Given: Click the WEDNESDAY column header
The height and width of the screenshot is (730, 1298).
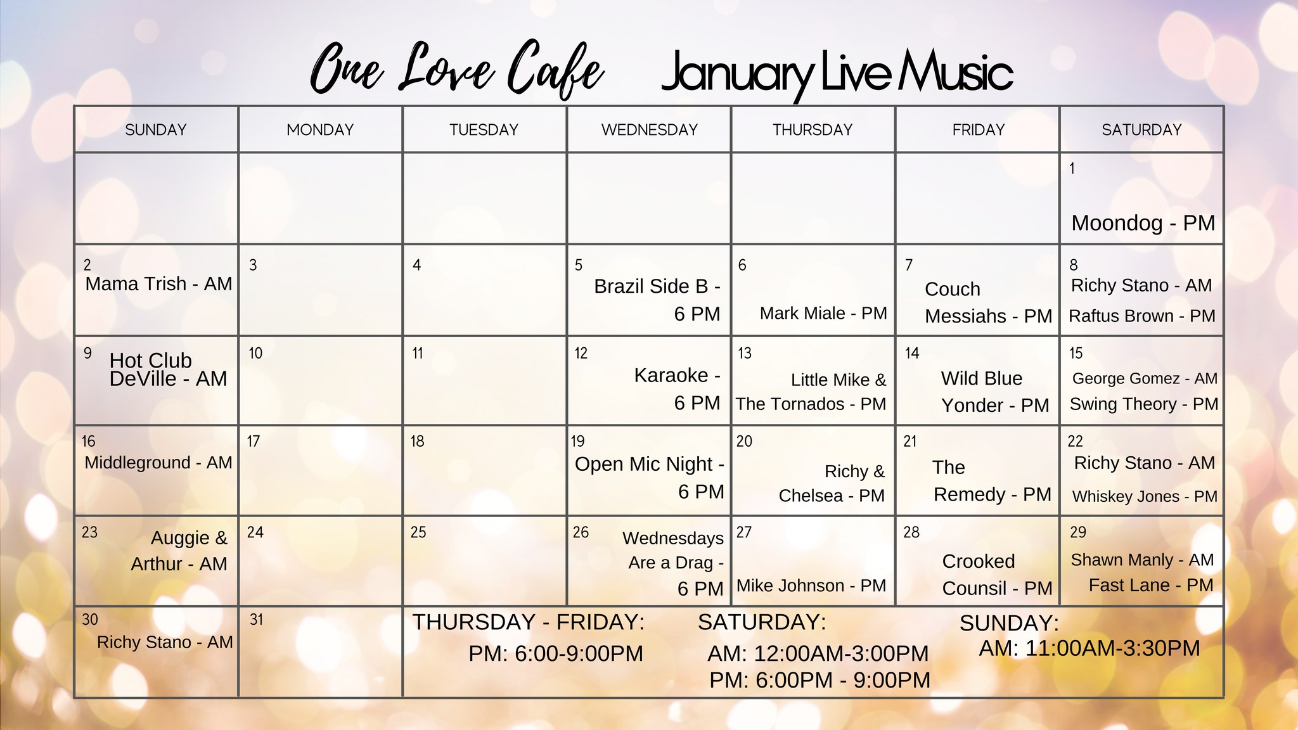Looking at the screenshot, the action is (x=649, y=130).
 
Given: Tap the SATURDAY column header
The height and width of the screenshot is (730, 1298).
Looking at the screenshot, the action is (x=1141, y=130).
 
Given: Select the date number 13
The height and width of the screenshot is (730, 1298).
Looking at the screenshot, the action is (x=745, y=353).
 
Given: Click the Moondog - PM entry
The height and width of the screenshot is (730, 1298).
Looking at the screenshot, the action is (x=1143, y=223).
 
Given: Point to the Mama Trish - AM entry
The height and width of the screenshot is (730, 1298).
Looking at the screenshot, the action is (x=158, y=284).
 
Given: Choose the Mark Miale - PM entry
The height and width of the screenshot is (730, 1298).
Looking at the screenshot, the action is (x=823, y=313).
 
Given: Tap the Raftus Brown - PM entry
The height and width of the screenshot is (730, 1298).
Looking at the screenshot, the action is (x=1142, y=316).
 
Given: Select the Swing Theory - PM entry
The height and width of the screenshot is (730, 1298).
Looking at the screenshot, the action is (x=1144, y=404).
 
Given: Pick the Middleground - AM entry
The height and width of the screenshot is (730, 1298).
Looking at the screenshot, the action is (x=158, y=463).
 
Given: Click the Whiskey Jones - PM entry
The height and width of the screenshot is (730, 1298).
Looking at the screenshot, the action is (x=1145, y=496).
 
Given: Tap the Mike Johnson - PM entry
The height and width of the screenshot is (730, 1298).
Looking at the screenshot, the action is (x=811, y=586).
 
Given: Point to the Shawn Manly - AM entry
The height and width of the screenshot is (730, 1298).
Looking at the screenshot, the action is (x=1142, y=560).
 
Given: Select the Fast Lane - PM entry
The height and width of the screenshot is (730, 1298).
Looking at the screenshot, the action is (x=1151, y=585).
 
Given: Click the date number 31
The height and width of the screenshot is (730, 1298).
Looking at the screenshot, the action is (x=256, y=620).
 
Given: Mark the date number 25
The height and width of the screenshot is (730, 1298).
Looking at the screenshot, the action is (x=418, y=532).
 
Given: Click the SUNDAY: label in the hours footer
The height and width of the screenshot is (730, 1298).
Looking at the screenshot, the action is (x=1009, y=624).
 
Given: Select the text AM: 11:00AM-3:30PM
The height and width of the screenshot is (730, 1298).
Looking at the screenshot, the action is (x=1089, y=648).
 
